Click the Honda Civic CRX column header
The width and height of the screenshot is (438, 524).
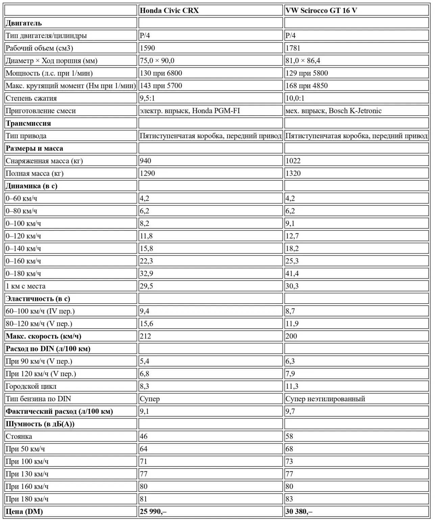point(169,10)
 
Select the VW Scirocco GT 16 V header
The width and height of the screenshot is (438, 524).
point(321,10)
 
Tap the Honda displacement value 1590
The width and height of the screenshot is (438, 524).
point(147,48)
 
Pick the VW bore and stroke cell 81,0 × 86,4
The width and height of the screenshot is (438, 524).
point(303,61)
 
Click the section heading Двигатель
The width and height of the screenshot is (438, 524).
point(24,23)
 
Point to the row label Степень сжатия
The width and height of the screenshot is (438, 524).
point(31,98)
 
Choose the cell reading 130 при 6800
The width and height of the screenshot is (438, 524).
point(161,73)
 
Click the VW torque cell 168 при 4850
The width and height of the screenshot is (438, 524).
point(307,86)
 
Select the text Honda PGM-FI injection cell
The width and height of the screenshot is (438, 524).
point(190,111)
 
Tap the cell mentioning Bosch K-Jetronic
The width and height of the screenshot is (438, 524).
point(334,111)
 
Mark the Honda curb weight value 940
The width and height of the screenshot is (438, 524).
point(145,161)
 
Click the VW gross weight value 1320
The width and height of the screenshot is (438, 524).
point(293,173)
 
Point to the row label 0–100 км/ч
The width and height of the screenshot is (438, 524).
point(23,223)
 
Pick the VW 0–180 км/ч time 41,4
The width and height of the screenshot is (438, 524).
point(292,273)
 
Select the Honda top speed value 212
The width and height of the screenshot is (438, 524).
point(145,336)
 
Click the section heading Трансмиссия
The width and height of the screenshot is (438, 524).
point(28,123)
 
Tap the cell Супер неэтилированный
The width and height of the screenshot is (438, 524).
point(325,399)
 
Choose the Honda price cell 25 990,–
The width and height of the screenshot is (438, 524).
point(153,511)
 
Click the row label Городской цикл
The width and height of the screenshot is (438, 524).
point(31,386)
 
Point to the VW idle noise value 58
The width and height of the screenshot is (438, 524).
point(289,436)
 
